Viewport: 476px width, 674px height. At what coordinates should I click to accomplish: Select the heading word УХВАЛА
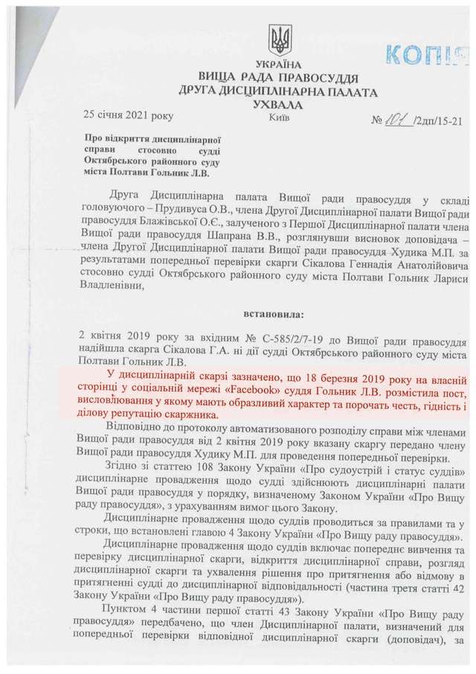click(280, 105)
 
